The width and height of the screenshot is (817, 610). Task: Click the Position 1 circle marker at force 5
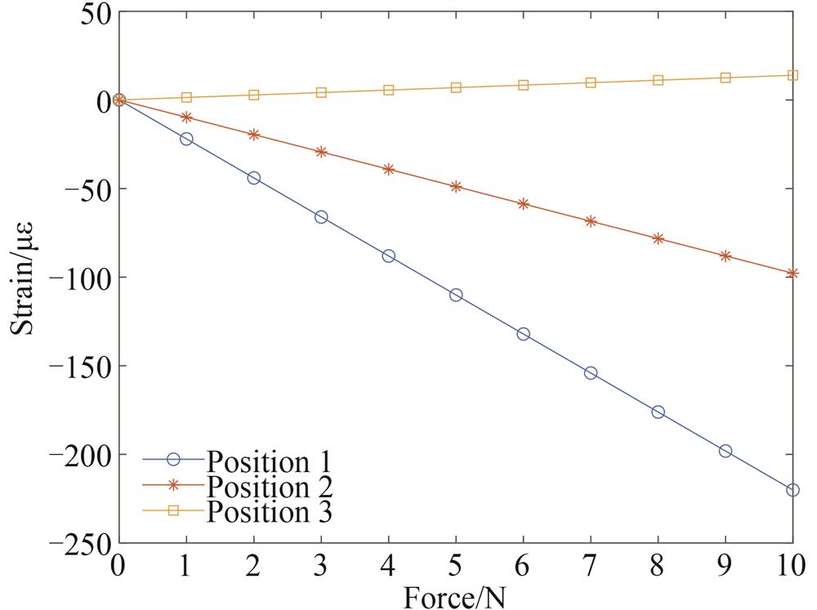[456, 295]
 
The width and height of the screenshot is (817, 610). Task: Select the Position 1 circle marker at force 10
[792, 490]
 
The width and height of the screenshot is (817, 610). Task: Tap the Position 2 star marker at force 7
[591, 221]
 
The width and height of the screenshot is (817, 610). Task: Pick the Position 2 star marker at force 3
[321, 152]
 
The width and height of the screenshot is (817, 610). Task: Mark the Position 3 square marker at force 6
[524, 85]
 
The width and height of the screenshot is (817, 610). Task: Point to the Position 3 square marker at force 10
[792, 75]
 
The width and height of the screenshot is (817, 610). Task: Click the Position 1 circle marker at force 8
[658, 412]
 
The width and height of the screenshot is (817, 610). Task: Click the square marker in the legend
[173, 512]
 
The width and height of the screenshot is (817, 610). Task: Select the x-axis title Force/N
[455, 597]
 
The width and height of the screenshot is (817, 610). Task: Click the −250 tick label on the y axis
[80, 543]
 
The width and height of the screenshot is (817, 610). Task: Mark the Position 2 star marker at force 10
[792, 274]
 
